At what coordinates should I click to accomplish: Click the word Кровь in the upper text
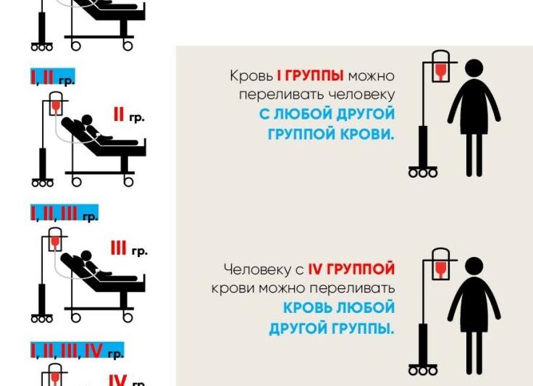(251, 76)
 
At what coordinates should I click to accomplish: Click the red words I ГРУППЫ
(310, 76)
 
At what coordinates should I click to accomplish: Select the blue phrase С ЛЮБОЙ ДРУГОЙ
(327, 114)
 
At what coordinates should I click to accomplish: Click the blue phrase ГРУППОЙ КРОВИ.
(331, 134)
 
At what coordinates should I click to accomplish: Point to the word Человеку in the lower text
(257, 269)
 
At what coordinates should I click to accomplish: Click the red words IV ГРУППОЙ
(351, 269)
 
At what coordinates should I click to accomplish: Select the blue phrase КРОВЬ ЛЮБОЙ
(339, 308)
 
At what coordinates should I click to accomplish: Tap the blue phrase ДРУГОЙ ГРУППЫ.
(332, 328)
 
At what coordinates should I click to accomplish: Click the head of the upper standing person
(474, 68)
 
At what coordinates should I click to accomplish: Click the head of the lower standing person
(474, 266)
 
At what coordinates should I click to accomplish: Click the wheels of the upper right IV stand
(424, 172)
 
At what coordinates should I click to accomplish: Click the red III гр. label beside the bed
(128, 249)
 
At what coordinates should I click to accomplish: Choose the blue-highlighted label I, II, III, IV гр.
(77, 351)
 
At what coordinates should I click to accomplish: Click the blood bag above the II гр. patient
(55, 106)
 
